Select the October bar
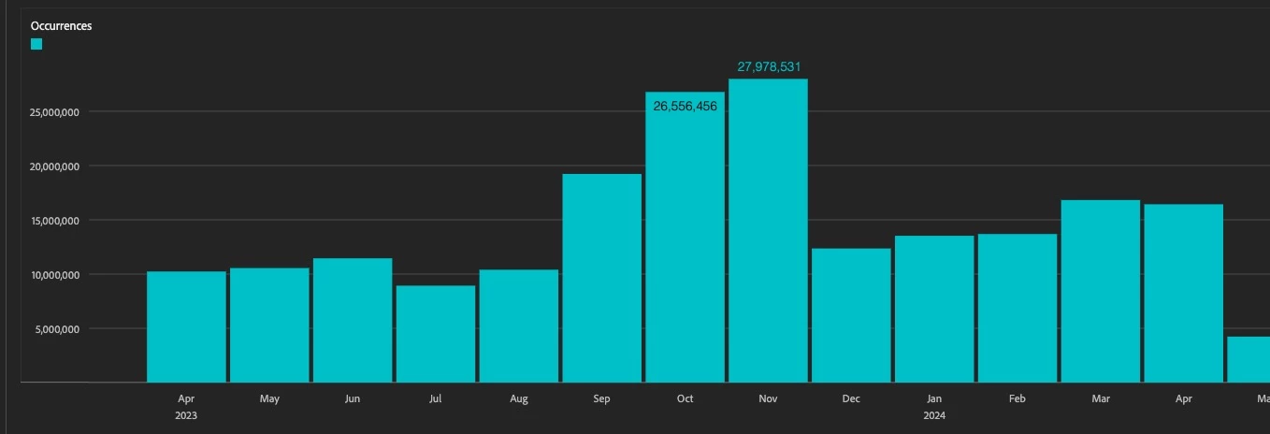(685, 243)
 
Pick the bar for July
(436, 334)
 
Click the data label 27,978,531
(769, 67)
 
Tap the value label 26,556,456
(685, 107)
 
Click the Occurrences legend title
(61, 26)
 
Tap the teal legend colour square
(36, 44)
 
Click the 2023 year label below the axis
(186, 414)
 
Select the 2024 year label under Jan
(934, 414)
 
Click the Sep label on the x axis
(601, 399)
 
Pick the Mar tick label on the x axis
(1101, 399)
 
